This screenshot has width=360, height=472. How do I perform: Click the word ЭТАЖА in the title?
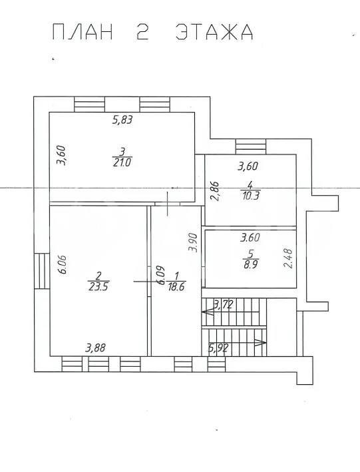pyautogui.click(x=214, y=32)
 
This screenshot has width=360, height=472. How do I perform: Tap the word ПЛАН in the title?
pyautogui.click(x=83, y=32)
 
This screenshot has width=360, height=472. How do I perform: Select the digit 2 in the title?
pyautogui.click(x=142, y=32)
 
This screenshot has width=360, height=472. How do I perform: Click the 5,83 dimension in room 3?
pyautogui.click(x=122, y=120)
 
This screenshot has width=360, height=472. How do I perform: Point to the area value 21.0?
pyautogui.click(x=122, y=162)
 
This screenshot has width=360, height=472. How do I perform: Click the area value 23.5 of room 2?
pyautogui.click(x=98, y=286)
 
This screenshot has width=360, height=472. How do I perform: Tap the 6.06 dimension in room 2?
pyautogui.click(x=63, y=264)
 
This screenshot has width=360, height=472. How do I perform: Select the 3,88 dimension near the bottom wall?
pyautogui.click(x=95, y=348)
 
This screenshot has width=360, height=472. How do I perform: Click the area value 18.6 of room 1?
pyautogui.click(x=176, y=286)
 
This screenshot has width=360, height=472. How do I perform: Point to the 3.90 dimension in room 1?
pyautogui.click(x=192, y=242)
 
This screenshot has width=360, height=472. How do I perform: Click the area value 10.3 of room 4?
pyautogui.click(x=250, y=196)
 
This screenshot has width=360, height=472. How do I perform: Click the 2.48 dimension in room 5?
pyautogui.click(x=287, y=258)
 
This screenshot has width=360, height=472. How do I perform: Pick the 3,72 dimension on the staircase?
pyautogui.click(x=223, y=305)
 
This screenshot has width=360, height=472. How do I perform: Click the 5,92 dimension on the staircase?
pyautogui.click(x=218, y=348)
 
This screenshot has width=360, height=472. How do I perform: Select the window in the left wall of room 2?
pyautogui.click(x=42, y=271)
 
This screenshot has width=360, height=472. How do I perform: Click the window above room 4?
pyautogui.click(x=251, y=146)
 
